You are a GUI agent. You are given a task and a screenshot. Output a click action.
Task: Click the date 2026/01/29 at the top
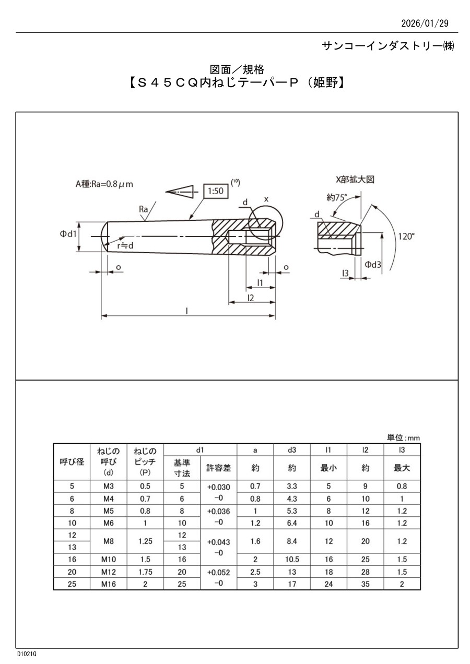click(x=425, y=23)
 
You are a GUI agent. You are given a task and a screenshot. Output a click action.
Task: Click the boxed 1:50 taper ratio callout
click(x=216, y=191)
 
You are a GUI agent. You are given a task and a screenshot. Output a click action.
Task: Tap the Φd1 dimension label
click(x=68, y=234)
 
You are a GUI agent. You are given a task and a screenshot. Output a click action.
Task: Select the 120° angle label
click(x=406, y=236)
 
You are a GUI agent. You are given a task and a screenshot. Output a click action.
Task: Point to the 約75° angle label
click(x=336, y=197)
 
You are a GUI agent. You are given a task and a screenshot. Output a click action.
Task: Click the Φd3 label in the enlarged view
click(x=372, y=265)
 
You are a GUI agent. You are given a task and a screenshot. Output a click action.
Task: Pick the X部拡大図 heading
click(x=355, y=180)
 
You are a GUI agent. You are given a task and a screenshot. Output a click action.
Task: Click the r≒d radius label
click(x=125, y=245)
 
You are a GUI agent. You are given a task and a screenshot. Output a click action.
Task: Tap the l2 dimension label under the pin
click(x=251, y=298)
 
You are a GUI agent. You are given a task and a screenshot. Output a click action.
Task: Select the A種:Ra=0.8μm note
click(x=104, y=184)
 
